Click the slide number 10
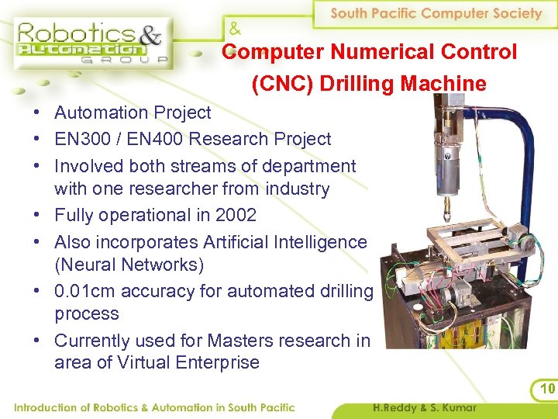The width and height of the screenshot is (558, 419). point(547,388)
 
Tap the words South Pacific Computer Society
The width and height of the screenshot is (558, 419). point(436,13)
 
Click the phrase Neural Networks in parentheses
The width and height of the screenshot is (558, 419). point(129,265)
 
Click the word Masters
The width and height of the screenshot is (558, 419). point(232,340)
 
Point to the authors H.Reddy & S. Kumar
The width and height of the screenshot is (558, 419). point(425,407)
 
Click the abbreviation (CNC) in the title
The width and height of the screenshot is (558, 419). point(279,83)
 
